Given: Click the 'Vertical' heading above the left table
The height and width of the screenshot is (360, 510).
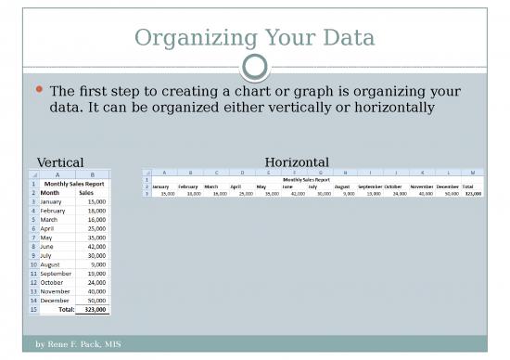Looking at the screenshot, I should pyautogui.click(x=60, y=162).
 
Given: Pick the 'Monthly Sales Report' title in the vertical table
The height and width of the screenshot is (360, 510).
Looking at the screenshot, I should pyautogui.click(x=74, y=184).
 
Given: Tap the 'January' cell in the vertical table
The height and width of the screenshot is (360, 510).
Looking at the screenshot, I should pyautogui.click(x=51, y=201).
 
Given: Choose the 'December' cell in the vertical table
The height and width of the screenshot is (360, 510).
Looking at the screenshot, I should pyautogui.click(x=55, y=300).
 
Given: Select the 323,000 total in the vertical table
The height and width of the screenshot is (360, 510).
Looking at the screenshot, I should pyautogui.click(x=95, y=310).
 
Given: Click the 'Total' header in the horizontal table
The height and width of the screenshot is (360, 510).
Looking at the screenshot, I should pyautogui.click(x=473, y=186).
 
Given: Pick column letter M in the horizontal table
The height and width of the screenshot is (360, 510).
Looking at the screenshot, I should pyautogui.click(x=473, y=172).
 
